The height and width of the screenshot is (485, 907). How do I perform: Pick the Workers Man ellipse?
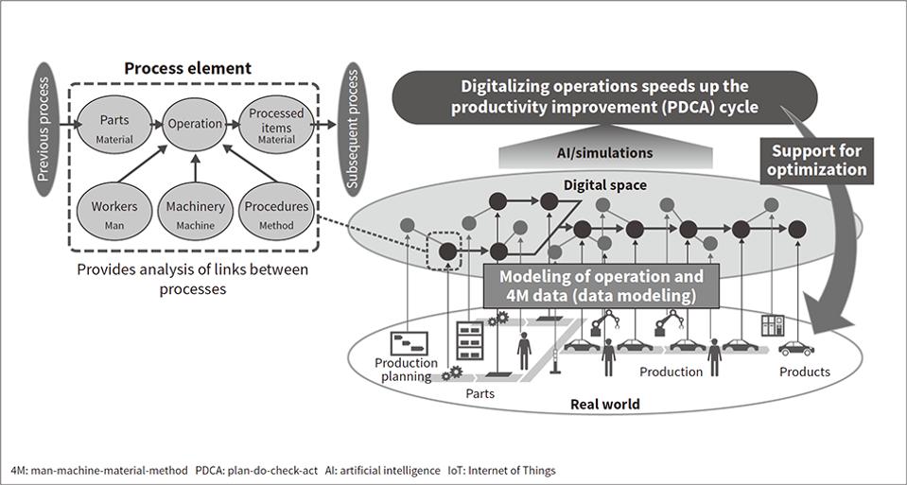click(113, 213)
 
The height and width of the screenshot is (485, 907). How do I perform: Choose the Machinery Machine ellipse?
click(194, 213)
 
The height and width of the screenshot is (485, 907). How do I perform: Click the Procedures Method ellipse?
click(275, 213)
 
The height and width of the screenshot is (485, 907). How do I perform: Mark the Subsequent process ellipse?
click(354, 129)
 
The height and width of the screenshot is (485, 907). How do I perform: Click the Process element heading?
click(188, 68)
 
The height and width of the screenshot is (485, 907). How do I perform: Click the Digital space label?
click(605, 185)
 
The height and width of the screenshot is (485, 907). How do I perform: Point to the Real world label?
click(605, 404)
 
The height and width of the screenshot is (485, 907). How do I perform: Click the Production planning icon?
click(410, 343)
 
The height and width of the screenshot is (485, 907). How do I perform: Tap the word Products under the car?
click(804, 372)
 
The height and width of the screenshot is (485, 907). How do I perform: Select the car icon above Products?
click(796, 348)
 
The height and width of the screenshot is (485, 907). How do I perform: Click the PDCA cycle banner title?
click(604, 96)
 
